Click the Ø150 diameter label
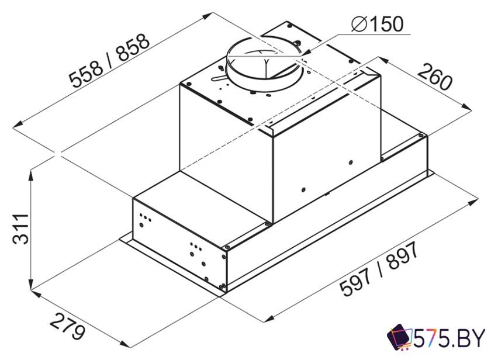click(x=377, y=24)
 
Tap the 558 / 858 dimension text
click(x=109, y=61)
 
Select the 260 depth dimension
click(x=435, y=76)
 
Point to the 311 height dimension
click(x=20, y=229)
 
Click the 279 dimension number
click(x=67, y=326)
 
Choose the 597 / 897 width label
click(x=379, y=269)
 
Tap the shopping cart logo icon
click(x=400, y=337)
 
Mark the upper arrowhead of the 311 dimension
click(x=30, y=176)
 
